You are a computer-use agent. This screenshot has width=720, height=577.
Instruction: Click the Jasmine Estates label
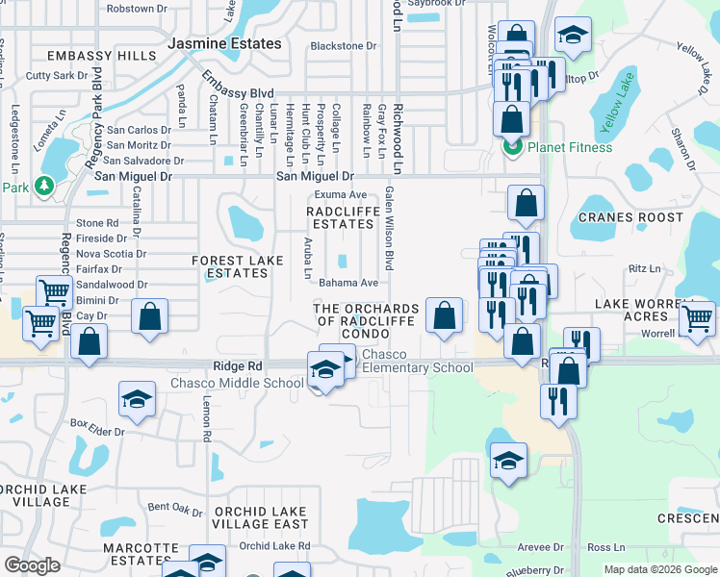click(x=224, y=44)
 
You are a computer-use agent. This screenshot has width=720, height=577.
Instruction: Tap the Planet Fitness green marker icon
click(x=512, y=147)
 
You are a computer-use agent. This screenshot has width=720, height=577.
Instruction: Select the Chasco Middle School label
click(x=237, y=383)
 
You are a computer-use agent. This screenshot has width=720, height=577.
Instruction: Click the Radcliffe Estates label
click(x=340, y=217)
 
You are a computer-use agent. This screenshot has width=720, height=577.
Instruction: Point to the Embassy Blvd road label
click(x=237, y=92)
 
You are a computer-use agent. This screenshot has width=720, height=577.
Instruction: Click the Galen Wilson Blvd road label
click(x=390, y=228)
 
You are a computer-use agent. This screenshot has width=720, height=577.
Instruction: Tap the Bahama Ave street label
click(x=347, y=283)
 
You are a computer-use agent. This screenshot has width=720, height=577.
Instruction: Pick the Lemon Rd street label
click(x=206, y=420)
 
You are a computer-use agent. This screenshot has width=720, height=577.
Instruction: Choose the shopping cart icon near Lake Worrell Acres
click(x=697, y=318)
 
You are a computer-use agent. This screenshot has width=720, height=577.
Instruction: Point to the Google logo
click(x=33, y=565)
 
